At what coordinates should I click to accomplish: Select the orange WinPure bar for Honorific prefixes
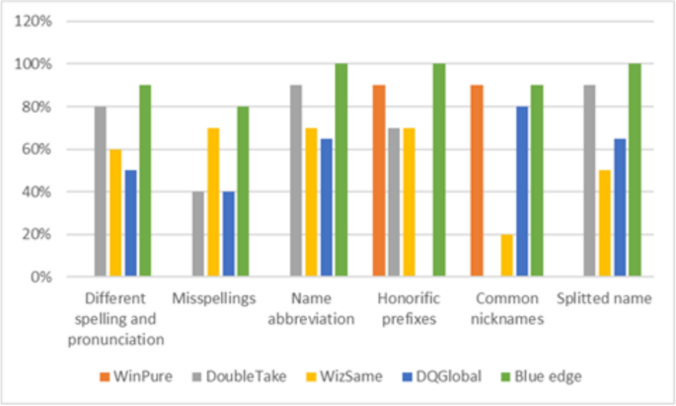380,181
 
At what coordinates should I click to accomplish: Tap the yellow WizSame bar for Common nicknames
506,256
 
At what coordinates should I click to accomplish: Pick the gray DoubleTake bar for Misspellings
198,234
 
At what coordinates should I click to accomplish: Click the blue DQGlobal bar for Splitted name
619,207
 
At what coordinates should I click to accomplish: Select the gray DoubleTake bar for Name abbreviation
296,181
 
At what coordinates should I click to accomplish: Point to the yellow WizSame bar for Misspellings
213,203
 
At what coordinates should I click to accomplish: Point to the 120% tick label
36,21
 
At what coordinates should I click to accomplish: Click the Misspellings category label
213,298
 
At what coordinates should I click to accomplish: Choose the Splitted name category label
605,298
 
